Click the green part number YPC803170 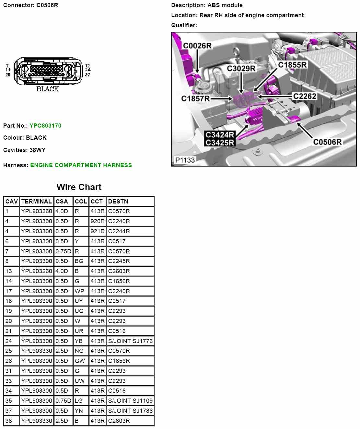45,126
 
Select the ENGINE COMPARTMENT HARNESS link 81,165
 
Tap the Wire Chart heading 79,187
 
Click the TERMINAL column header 36,202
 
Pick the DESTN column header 118,202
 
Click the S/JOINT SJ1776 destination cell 130,341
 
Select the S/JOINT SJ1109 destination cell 130,401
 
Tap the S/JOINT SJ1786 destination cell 130,411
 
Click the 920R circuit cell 97,221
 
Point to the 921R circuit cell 97,231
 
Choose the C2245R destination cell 119,261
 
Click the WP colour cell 79,291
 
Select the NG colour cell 79,351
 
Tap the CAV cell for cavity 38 9,421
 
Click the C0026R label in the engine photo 197,46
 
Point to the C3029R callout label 241,68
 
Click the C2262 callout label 305,96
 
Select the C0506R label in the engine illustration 327,142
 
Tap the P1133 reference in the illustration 185,160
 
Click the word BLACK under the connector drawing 48,89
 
